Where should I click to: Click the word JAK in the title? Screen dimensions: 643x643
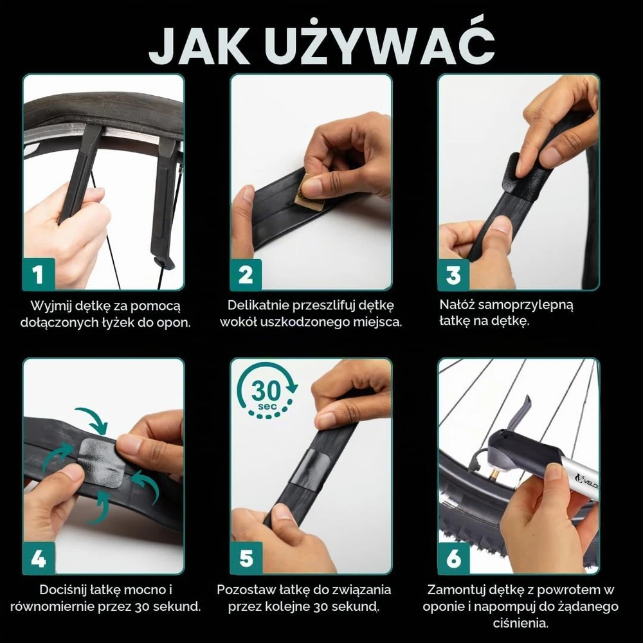(x=199, y=46)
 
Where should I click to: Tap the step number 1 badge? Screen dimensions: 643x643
(x=38, y=274)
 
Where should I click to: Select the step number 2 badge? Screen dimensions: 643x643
(x=246, y=274)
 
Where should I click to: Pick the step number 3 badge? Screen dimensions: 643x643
(x=453, y=274)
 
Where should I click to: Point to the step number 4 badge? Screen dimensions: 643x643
(x=38, y=558)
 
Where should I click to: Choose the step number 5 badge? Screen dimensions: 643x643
(x=246, y=558)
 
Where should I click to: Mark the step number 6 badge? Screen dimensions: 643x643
(x=453, y=558)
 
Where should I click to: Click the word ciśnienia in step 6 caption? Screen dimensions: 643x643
(x=520, y=623)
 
